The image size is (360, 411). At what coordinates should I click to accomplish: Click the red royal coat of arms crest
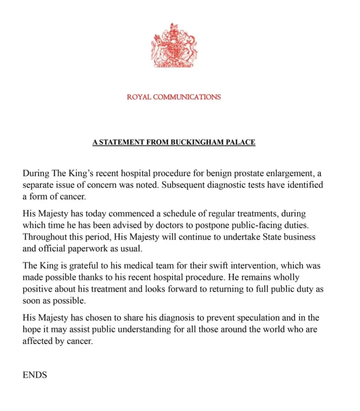click(x=174, y=46)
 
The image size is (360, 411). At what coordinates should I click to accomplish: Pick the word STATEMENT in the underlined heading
click(x=122, y=142)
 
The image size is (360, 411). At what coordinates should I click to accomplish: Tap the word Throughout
click(x=43, y=237)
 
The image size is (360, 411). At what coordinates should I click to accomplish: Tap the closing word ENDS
click(x=35, y=375)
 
